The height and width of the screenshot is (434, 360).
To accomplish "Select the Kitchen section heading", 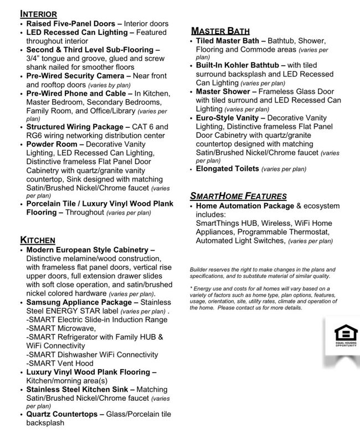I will pos(38,240).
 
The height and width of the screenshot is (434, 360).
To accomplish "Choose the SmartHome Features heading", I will pos(238,195).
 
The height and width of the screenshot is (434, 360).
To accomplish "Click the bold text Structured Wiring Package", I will pos(74,127).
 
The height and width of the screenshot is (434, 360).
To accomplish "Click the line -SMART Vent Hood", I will pos(60,363).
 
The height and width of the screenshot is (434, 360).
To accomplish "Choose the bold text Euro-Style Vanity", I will pos(227,118).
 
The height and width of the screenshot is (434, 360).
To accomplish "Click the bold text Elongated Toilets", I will pos(227,168).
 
